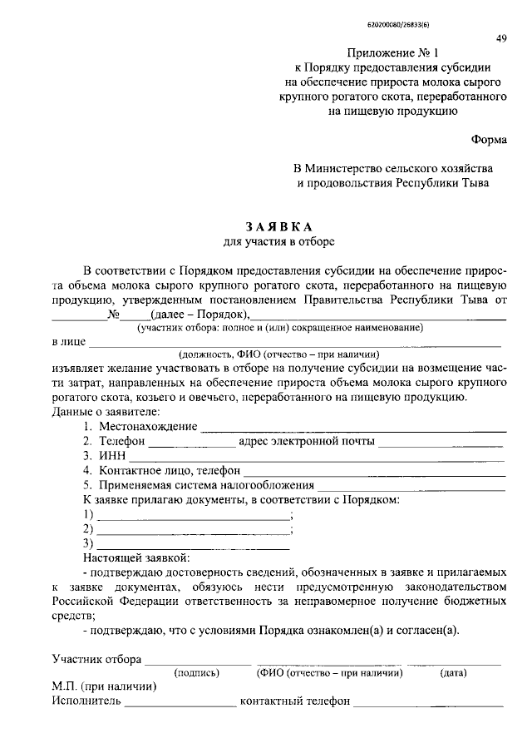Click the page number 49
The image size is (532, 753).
click(x=501, y=38)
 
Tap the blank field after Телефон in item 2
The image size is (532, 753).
click(x=190, y=443)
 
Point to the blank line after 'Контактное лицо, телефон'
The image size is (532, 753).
click(x=374, y=473)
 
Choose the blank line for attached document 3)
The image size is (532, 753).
click(x=194, y=546)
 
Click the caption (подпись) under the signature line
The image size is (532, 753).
click(x=195, y=673)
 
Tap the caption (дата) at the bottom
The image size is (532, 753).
click(x=454, y=673)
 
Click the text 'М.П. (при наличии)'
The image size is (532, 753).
click(x=104, y=687)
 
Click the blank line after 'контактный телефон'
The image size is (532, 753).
click(x=428, y=704)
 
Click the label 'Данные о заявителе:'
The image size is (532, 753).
click(x=106, y=412)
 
